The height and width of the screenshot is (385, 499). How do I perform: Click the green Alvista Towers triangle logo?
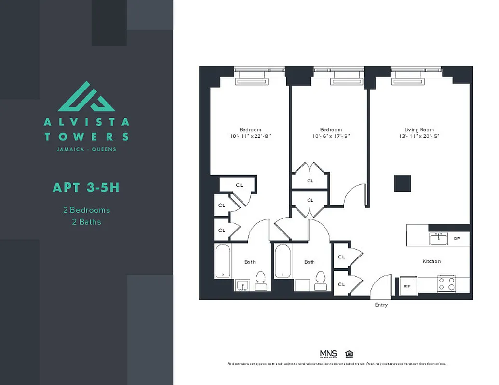pyautogui.click(x=86, y=97)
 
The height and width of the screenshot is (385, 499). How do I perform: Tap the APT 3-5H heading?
pyautogui.click(x=86, y=187)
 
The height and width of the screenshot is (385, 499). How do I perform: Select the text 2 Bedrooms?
pyautogui.click(x=86, y=210)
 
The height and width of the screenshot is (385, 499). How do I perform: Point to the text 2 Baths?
pyautogui.click(x=86, y=222)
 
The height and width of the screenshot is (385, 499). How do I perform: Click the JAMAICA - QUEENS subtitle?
pyautogui.click(x=86, y=149)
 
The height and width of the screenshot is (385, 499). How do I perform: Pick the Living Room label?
pyautogui.click(x=419, y=130)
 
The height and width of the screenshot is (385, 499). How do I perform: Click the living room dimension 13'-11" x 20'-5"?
pyautogui.click(x=419, y=136)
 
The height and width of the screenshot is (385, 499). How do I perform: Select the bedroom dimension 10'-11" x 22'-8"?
pyautogui.click(x=250, y=136)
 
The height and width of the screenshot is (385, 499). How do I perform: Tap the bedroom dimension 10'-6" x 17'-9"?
pyautogui.click(x=331, y=136)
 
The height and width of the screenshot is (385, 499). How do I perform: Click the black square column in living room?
pyautogui.click(x=403, y=183)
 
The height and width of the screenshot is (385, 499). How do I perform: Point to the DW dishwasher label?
pyautogui.click(x=457, y=238)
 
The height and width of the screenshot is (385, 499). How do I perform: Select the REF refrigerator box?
pyautogui.click(x=407, y=286)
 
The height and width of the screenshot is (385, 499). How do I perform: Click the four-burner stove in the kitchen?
pyautogui.click(x=446, y=284)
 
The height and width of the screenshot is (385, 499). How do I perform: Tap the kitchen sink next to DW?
pyautogui.click(x=438, y=238)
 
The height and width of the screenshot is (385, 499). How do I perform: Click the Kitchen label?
pyautogui.click(x=432, y=261)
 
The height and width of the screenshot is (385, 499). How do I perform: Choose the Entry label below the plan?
pyautogui.click(x=381, y=305)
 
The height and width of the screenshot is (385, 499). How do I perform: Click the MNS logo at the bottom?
pyautogui.click(x=328, y=354)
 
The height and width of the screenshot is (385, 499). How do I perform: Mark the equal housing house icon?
pyautogui.click(x=349, y=354)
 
